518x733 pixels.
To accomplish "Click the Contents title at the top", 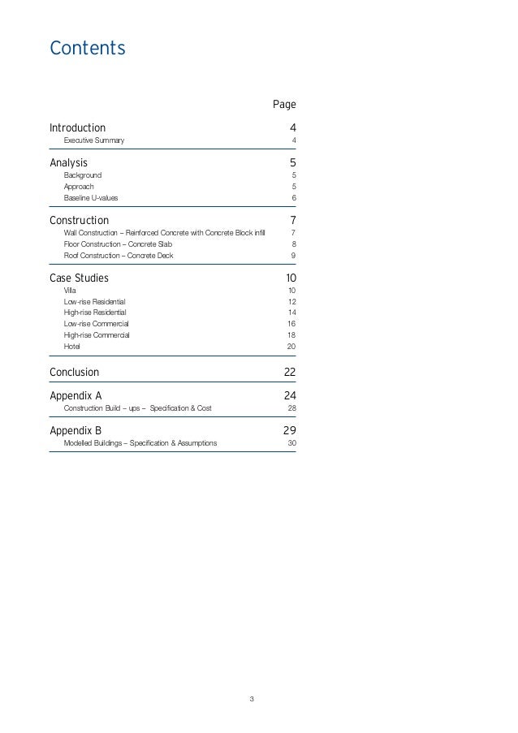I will tap(88, 49).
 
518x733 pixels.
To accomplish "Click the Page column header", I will tap(284, 105).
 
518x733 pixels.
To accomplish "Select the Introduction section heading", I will tap(77, 128).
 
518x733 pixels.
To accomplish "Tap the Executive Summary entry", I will tap(94, 141).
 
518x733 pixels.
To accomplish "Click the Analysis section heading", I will tap(68, 162).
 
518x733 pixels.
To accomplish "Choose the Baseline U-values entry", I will tap(91, 198).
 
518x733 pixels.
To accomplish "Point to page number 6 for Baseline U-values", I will tap(293, 198).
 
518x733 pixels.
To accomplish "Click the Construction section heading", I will tap(79, 220).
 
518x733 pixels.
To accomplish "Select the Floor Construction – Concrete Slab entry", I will tap(118, 244).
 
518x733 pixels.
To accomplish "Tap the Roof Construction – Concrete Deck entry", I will tap(119, 256).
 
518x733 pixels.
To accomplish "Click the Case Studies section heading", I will tap(79, 278).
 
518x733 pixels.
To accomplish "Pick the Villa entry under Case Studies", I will tap(70, 290).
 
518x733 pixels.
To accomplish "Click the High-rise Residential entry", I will tap(95, 313).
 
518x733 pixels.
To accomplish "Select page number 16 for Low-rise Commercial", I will tap(291, 324).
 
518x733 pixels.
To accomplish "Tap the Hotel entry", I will tap(72, 347).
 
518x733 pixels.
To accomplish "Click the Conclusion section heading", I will tap(74, 373).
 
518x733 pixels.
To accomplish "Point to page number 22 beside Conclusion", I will tap(290, 373).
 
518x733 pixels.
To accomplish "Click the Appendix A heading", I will tap(76, 396).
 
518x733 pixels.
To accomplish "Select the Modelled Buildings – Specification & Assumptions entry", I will tap(140, 443).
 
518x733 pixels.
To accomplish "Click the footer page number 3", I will tap(252, 699).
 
